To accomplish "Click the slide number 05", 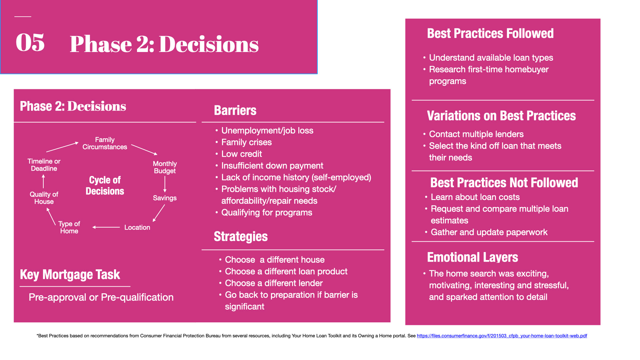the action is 30,43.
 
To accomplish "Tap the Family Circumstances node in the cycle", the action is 105,143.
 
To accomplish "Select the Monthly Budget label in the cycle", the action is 165,167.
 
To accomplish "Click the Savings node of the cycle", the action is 165,198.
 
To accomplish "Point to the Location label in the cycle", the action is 137,227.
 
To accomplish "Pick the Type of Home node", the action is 69,227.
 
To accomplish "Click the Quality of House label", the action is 44,198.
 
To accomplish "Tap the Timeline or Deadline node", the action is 44,165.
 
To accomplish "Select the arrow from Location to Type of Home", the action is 106,227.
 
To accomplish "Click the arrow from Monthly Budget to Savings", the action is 165,184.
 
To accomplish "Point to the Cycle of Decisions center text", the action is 105,185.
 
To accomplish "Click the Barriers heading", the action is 235,110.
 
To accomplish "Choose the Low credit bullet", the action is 242,154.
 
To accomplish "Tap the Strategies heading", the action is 241,236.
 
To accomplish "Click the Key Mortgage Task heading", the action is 70,275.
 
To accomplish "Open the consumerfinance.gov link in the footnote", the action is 502,336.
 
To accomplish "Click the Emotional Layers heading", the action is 472,257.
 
